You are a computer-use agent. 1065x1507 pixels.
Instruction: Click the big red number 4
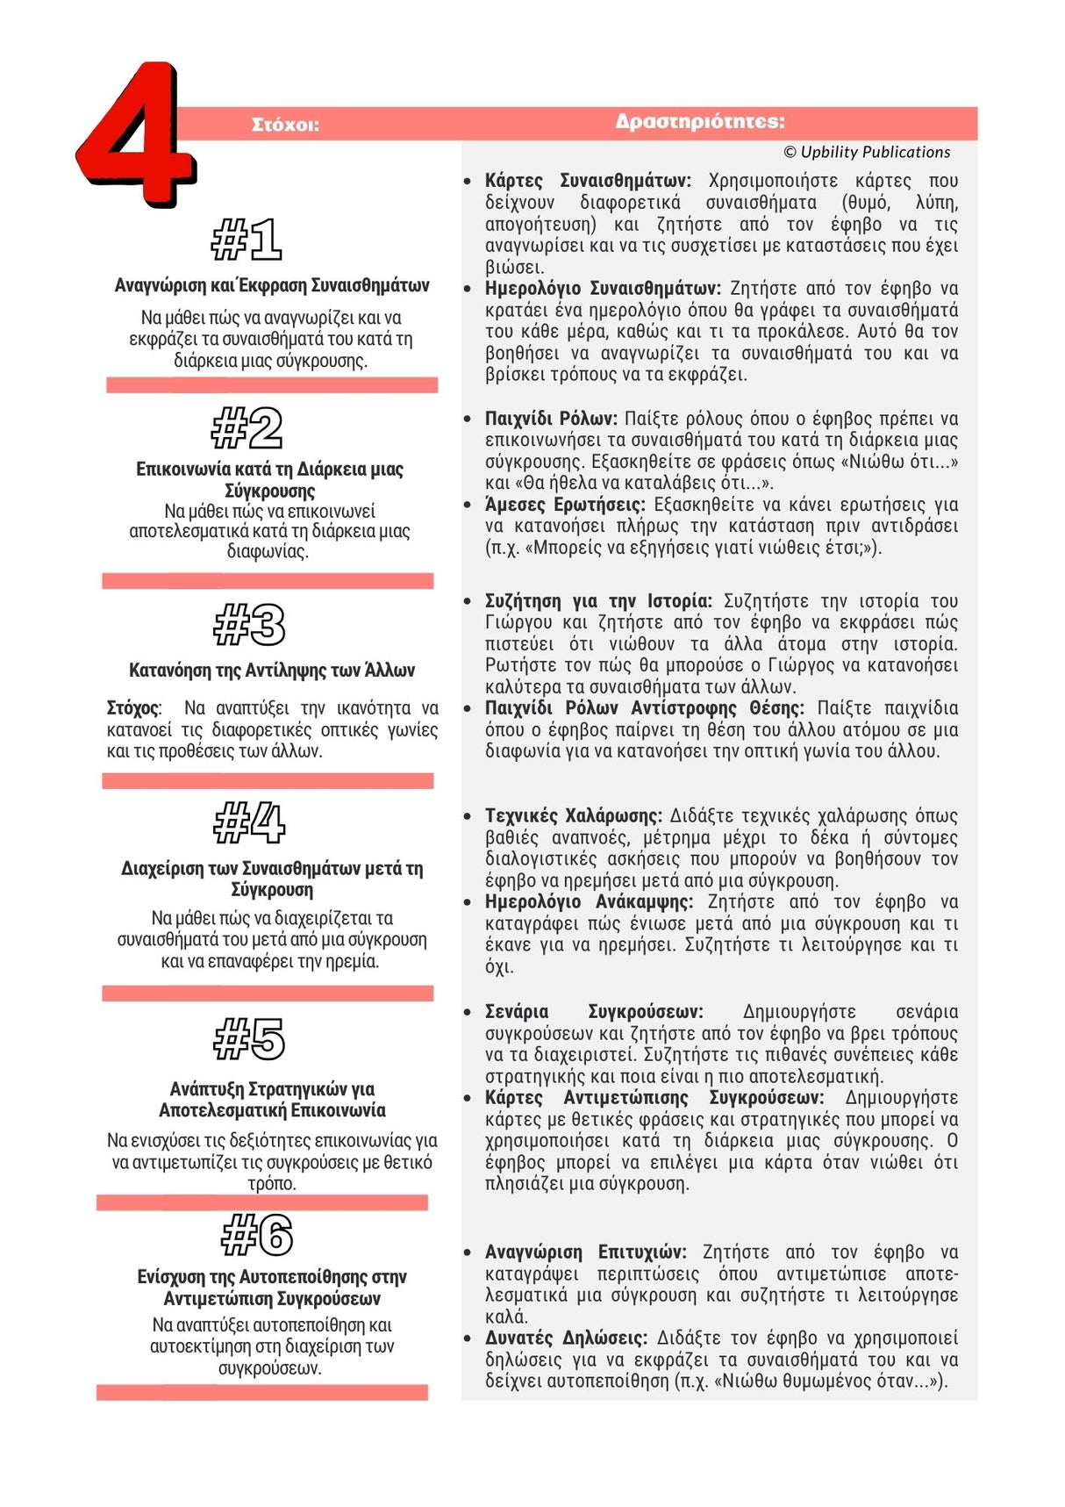click(136, 136)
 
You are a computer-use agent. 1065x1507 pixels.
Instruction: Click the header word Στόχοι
click(285, 125)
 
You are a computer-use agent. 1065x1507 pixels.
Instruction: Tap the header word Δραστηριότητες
click(699, 121)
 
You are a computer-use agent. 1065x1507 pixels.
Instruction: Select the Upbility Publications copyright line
click(867, 152)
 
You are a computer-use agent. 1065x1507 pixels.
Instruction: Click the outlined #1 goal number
click(247, 240)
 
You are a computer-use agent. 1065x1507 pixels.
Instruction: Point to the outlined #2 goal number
click(247, 428)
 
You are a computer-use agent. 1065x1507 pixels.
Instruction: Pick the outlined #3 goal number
click(250, 625)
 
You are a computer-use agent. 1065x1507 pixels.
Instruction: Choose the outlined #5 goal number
click(250, 1039)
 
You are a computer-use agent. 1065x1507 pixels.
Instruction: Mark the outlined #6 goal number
click(257, 1235)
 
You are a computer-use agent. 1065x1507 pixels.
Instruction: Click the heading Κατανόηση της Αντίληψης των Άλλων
click(272, 671)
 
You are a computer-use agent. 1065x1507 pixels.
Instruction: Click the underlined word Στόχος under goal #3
click(133, 708)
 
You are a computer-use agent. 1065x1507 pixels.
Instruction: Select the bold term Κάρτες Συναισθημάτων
click(588, 181)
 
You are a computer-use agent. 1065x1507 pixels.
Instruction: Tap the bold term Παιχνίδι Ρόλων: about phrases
click(551, 419)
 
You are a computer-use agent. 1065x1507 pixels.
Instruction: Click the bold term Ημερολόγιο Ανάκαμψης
click(589, 902)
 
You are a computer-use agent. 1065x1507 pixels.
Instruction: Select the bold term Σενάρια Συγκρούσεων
click(594, 1012)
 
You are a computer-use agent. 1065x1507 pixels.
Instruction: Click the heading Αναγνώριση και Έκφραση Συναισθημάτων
click(272, 285)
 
